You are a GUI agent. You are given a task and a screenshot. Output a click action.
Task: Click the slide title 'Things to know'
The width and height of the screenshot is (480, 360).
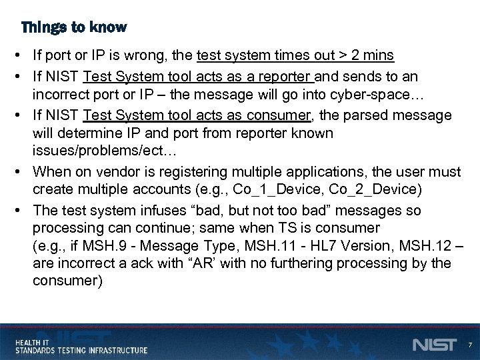[x=73, y=28]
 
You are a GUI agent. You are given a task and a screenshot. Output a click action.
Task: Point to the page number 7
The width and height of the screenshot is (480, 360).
[x=469, y=345]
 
